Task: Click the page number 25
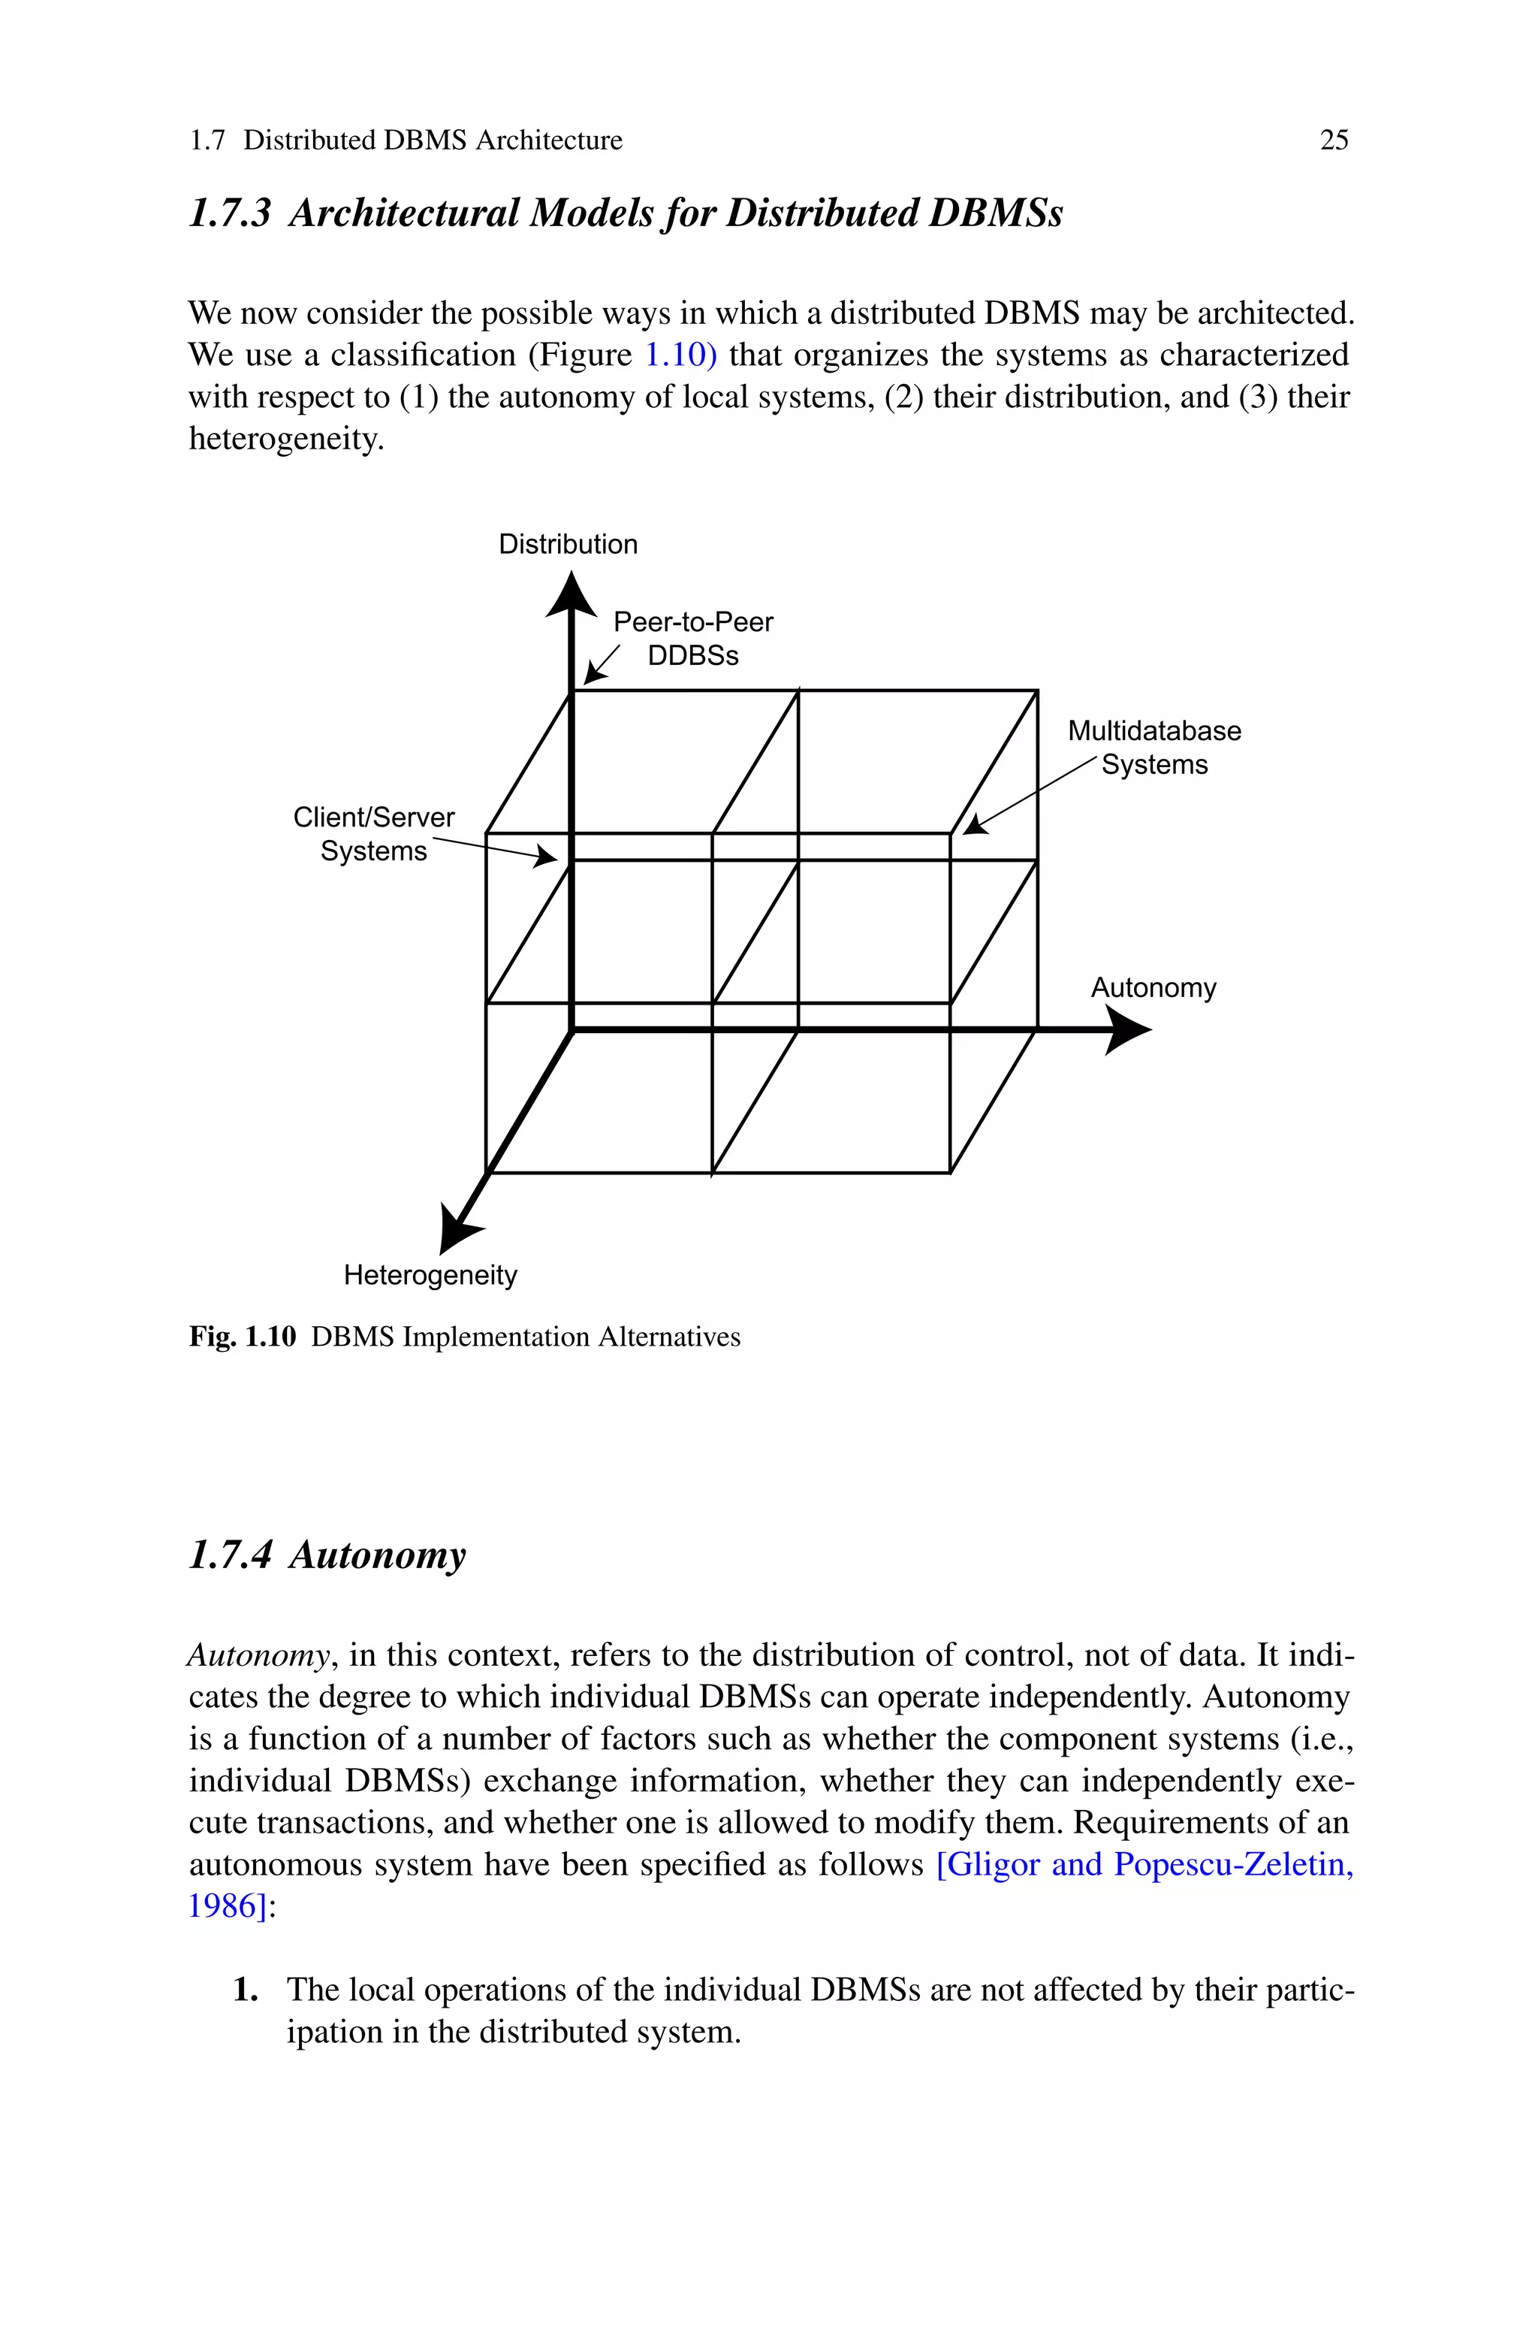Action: pos(1333,141)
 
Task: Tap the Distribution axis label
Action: pos(568,545)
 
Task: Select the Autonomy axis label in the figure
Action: pos(1153,987)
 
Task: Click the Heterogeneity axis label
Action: pos(430,1275)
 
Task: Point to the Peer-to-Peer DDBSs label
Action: pos(692,639)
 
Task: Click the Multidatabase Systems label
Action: pos(1153,748)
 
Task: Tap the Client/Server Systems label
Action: pos(374,834)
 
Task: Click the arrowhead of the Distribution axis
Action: pos(571,596)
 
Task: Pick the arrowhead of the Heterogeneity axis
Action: pos(457,1231)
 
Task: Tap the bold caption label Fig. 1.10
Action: pos(243,1337)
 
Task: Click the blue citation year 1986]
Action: pos(228,1905)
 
